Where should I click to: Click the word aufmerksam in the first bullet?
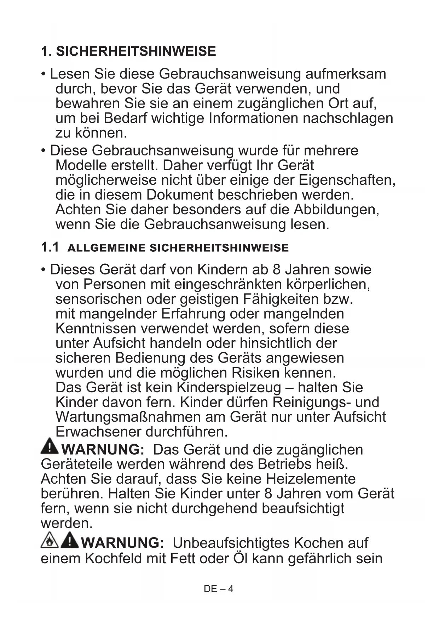pyautogui.click(x=345, y=74)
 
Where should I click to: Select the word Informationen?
pyautogui.click(x=254, y=118)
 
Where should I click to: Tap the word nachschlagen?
pyautogui.click(x=348, y=118)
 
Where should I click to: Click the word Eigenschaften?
pyautogui.click(x=347, y=180)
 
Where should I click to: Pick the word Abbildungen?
pyautogui.click(x=336, y=210)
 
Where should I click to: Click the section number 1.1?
pyautogui.click(x=50, y=247)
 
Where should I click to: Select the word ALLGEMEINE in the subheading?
pyautogui.click(x=106, y=248)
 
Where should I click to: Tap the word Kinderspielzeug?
pyautogui.click(x=228, y=387)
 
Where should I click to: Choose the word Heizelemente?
pyautogui.click(x=311, y=479)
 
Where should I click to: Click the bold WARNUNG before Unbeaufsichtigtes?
pyautogui.click(x=122, y=543)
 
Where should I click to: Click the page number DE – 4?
pyautogui.click(x=219, y=589)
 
